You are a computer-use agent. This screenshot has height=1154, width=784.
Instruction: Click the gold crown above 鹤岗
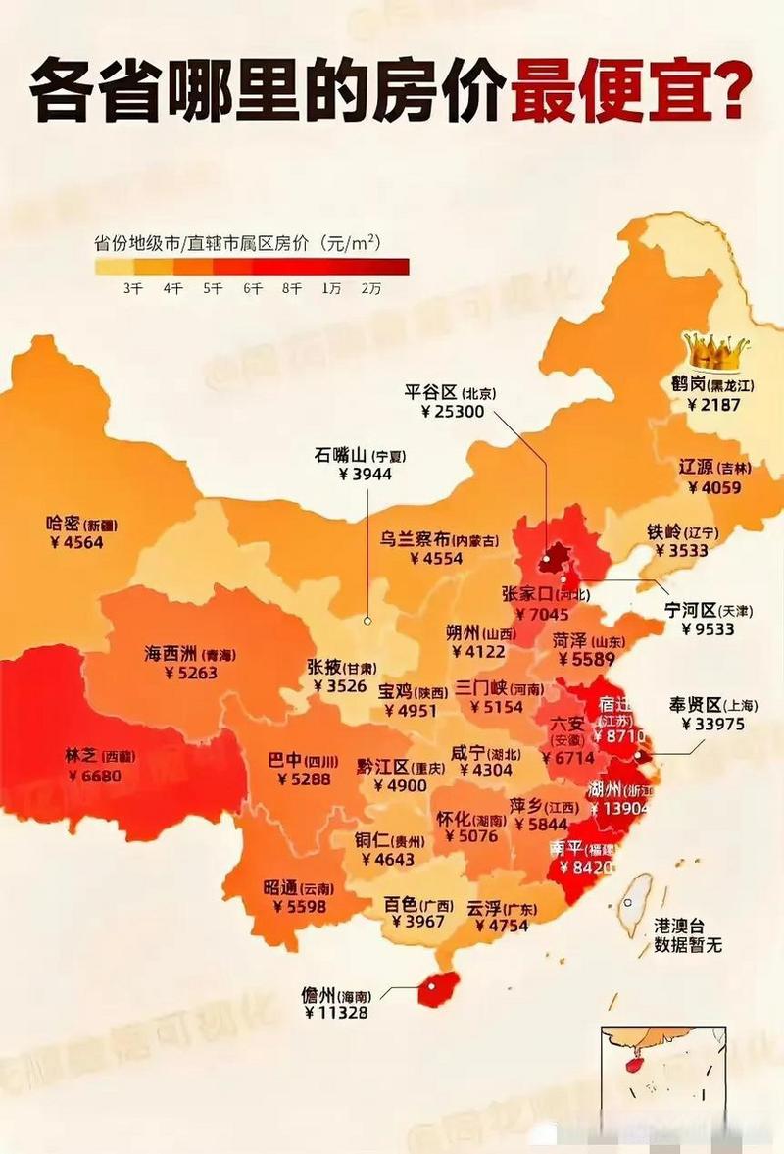pyautogui.click(x=715, y=348)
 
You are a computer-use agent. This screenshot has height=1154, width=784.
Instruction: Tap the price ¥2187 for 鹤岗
pyautogui.click(x=713, y=405)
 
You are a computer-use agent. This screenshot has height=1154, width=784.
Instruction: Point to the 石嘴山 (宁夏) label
pyautogui.click(x=360, y=455)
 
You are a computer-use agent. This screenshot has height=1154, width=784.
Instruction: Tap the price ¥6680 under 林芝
pyautogui.click(x=95, y=776)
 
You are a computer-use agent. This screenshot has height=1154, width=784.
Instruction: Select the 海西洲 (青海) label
pyautogui.click(x=190, y=654)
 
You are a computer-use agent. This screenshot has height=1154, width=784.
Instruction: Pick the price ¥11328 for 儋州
pyautogui.click(x=336, y=1013)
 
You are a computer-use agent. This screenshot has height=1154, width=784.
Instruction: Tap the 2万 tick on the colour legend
pyautogui.click(x=370, y=288)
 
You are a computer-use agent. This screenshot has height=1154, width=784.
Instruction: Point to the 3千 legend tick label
pyautogui.click(x=133, y=288)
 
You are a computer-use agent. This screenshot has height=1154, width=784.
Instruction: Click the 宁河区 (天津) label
pyautogui.click(x=708, y=610)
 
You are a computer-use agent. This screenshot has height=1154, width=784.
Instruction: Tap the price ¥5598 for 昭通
pyautogui.click(x=294, y=907)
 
